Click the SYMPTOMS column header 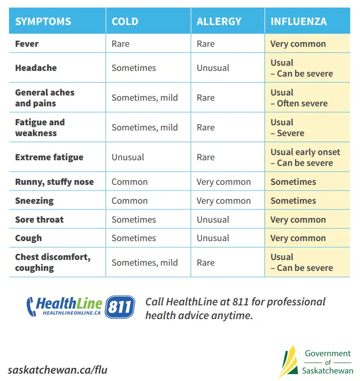point(43,22)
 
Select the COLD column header point(125,22)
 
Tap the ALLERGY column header point(219,22)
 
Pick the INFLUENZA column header point(299,22)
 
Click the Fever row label point(27,44)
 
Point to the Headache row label point(36,68)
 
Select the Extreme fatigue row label point(49,157)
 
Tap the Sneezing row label point(35,201)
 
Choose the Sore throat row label point(39,220)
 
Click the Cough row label point(28,238)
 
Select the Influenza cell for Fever point(298,44)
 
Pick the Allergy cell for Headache point(213,68)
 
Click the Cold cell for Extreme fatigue point(128,157)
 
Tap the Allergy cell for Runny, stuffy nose point(224,182)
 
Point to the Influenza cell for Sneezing point(293,201)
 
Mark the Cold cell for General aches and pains point(145,98)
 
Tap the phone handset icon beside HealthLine point(31,306)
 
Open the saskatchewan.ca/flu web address point(57,370)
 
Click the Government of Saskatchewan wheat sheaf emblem point(287,362)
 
